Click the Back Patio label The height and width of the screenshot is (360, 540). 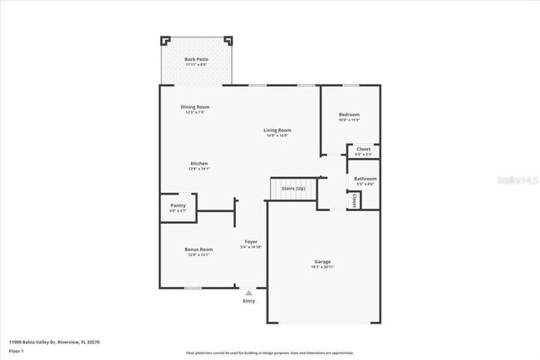point(196,59)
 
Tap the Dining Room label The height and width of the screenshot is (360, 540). point(195,106)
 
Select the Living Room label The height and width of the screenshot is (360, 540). point(277,131)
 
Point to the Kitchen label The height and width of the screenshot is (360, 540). point(199,164)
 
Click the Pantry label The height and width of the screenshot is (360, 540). point(178,206)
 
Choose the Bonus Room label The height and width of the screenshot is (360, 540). point(199,249)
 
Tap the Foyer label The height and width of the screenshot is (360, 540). point(250,242)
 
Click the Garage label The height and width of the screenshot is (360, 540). point(322,262)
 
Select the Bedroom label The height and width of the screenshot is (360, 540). point(349,115)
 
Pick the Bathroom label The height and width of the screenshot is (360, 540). point(366,179)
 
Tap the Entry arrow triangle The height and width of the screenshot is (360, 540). point(248,292)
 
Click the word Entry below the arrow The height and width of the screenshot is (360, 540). point(248,300)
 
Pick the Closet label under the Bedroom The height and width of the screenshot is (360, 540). point(363,150)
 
